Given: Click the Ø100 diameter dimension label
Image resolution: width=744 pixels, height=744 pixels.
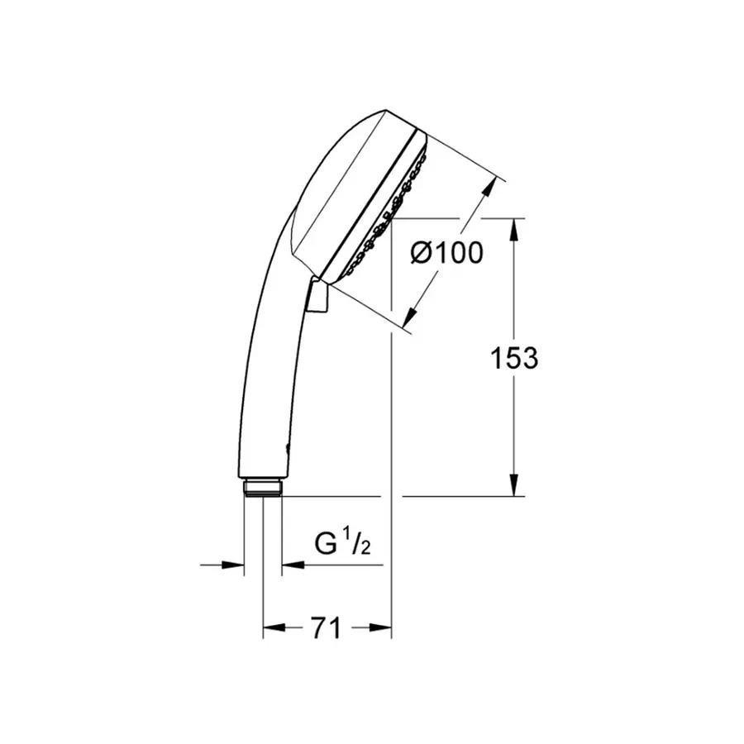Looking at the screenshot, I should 446,253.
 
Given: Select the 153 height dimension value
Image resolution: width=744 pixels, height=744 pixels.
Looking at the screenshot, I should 514,358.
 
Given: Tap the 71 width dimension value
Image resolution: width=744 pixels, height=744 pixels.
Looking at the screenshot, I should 327,628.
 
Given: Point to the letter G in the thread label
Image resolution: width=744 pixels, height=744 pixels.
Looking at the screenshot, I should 326,545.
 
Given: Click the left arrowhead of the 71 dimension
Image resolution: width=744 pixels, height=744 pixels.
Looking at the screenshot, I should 272,628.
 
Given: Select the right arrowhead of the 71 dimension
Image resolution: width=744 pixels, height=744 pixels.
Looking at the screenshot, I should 382,628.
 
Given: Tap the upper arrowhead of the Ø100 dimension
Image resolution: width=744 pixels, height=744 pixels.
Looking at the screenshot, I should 493,186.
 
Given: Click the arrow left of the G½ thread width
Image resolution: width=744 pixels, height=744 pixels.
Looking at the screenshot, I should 236,565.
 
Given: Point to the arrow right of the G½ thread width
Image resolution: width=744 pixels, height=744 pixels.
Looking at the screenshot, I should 291,565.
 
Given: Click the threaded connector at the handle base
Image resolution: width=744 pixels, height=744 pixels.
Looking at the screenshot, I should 264,486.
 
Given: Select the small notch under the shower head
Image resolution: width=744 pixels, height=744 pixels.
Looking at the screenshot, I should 317,298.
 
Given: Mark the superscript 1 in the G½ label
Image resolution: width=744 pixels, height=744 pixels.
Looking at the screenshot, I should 347,538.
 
